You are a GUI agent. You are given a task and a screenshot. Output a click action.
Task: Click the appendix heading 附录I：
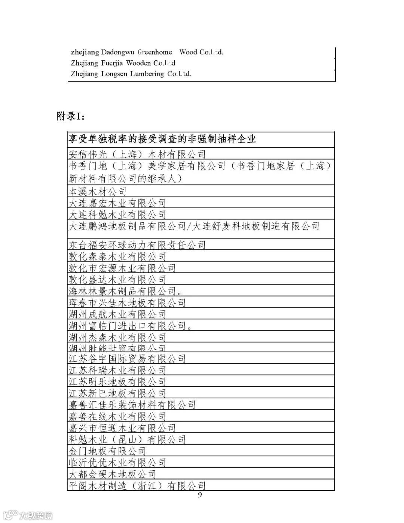[71, 116]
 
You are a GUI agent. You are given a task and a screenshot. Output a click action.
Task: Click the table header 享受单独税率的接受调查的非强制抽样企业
[162, 139]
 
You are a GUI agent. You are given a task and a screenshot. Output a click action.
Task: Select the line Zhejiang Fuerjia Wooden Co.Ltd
[123, 63]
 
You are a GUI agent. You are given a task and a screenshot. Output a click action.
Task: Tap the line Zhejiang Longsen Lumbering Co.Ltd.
[131, 74]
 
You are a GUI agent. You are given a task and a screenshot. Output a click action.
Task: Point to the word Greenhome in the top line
[155, 52]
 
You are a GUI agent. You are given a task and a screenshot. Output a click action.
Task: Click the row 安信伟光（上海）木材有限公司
[137, 154]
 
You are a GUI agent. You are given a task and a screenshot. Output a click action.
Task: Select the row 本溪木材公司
[98, 192]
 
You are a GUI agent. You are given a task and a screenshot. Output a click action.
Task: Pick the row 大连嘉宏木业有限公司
[117, 203]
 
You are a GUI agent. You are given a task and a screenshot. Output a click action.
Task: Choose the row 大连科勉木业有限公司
[117, 215]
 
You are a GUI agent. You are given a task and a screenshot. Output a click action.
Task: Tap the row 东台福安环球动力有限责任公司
[137, 245]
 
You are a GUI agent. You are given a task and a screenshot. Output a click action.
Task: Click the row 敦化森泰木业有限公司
[117, 256]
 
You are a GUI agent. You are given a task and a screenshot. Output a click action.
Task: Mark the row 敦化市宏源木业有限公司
[122, 268]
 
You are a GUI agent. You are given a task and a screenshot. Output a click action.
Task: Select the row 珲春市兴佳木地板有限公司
[127, 302]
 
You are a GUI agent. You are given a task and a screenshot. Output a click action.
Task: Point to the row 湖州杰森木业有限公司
[117, 337]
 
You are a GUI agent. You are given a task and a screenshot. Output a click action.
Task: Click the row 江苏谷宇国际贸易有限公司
[127, 359]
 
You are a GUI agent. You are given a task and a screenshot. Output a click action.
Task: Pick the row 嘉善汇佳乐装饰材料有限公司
[132, 405]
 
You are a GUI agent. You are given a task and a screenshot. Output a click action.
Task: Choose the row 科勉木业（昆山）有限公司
[127, 439]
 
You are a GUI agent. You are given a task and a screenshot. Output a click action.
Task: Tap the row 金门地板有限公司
[107, 451]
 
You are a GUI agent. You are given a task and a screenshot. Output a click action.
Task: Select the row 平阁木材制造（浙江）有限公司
[137, 486]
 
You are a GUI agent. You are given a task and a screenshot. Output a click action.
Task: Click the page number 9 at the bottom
[199, 495]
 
